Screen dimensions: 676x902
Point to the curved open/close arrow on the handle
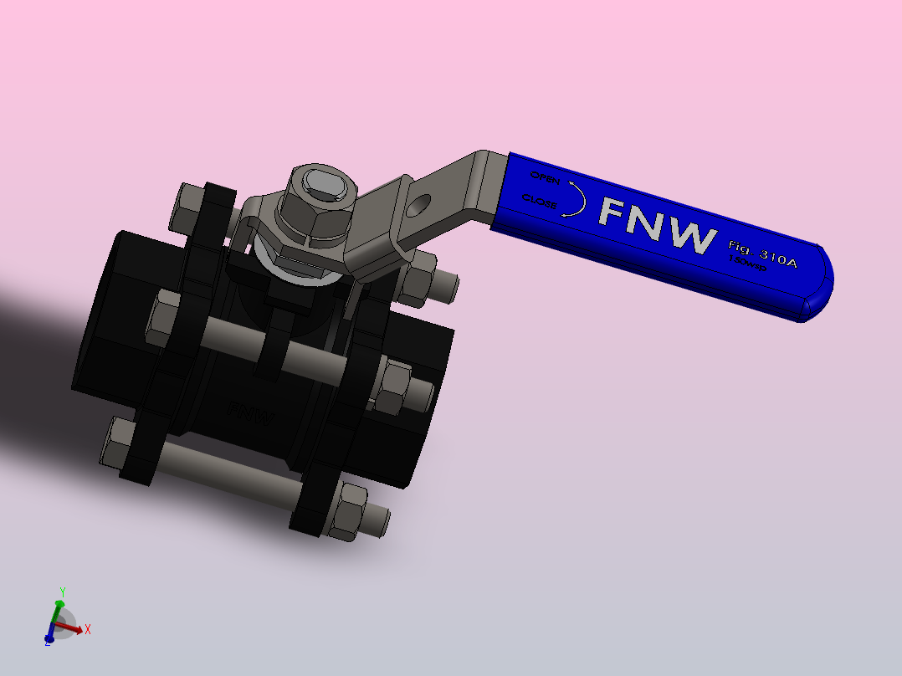point(576,198)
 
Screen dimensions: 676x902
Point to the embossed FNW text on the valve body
point(251,412)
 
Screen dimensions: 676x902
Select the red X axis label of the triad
point(88,628)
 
